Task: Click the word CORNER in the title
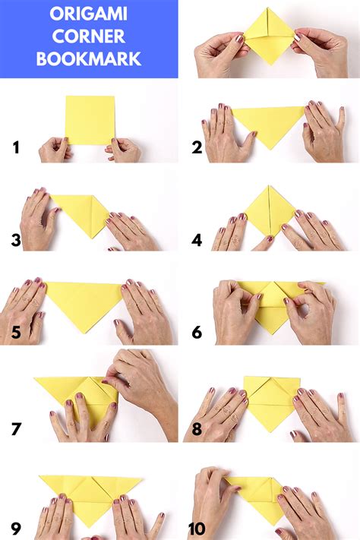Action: pyautogui.click(x=89, y=36)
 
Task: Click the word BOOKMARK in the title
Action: pyautogui.click(x=89, y=58)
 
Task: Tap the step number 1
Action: pyautogui.click(x=16, y=147)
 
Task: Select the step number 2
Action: pyautogui.click(x=197, y=147)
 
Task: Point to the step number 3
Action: pyautogui.click(x=16, y=242)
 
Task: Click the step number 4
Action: pyautogui.click(x=197, y=242)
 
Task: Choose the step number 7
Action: pyautogui.click(x=16, y=428)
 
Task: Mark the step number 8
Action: pyautogui.click(x=197, y=428)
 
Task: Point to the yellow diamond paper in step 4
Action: pyautogui.click(x=269, y=211)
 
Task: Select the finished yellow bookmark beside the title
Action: pyautogui.click(x=267, y=34)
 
